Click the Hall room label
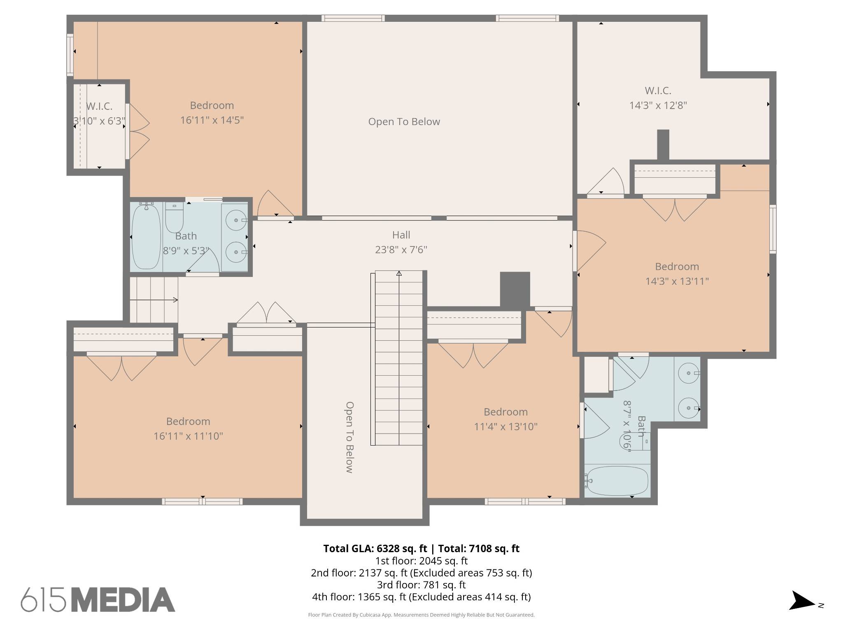(x=401, y=235)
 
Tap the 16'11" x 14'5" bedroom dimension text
(x=212, y=120)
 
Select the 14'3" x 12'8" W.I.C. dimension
(x=658, y=105)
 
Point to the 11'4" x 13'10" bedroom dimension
(x=505, y=427)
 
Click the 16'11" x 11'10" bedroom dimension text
(x=188, y=436)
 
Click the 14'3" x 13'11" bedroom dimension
(x=677, y=281)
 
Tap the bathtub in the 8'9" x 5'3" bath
(x=146, y=236)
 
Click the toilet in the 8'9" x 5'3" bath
(x=175, y=218)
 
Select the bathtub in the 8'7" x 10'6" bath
(x=617, y=481)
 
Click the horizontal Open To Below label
(x=404, y=122)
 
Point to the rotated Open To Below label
(x=349, y=437)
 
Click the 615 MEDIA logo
(x=98, y=599)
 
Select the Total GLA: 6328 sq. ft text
(x=375, y=548)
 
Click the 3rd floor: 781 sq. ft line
(x=421, y=585)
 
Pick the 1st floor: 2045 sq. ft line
(x=421, y=561)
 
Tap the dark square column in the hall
(x=515, y=290)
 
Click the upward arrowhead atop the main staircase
(x=399, y=273)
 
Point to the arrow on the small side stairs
(x=154, y=300)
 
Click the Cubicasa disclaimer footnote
(x=421, y=615)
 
